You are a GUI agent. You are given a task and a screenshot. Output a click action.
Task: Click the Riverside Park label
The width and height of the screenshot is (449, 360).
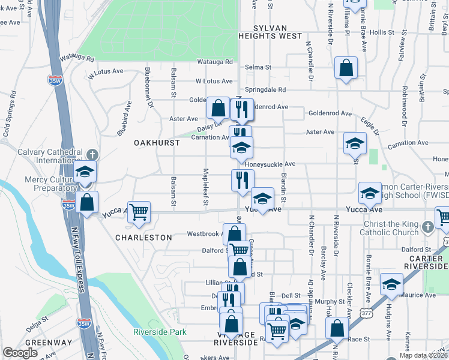pos(160,332)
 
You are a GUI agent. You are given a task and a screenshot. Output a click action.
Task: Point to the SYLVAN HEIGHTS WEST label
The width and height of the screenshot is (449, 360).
pos(270,32)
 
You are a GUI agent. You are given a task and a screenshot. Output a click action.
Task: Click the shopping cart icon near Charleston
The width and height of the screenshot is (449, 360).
pos(139,212)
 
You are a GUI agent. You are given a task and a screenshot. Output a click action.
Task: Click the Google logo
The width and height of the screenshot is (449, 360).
pos(20,353)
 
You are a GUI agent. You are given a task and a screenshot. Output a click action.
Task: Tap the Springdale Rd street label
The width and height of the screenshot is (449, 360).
pos(265,89)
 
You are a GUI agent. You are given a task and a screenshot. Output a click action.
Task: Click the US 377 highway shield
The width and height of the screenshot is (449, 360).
pos(366,313)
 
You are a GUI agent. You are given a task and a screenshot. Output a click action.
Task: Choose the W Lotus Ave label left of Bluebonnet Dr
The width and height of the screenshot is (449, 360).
pos(105,72)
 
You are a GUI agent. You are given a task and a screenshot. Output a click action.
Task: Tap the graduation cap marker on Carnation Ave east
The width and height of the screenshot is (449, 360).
pos(355,143)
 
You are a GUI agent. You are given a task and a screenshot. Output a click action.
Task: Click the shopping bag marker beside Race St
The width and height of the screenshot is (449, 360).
pos(337,328)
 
